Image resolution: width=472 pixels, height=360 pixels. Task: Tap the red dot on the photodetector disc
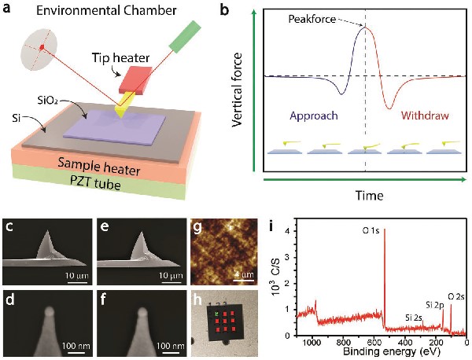point(40,48)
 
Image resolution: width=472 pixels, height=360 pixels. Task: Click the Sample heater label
point(109,163)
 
